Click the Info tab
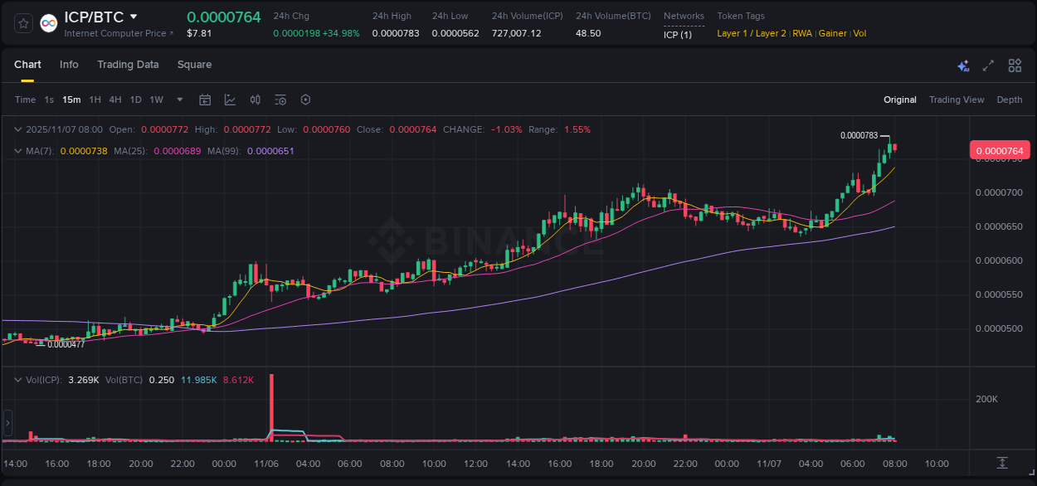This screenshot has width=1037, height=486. [69, 65]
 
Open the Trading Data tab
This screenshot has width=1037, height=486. [128, 65]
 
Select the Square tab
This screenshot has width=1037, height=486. [194, 65]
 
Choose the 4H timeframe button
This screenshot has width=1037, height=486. [115, 100]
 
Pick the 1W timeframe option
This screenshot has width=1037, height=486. [156, 100]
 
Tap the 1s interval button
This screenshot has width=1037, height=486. [49, 100]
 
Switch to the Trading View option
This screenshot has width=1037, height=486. [957, 100]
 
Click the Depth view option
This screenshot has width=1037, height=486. [1010, 100]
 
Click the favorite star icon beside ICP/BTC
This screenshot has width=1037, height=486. [24, 24]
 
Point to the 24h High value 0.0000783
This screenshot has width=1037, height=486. [396, 33]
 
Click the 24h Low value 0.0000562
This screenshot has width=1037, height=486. [455, 33]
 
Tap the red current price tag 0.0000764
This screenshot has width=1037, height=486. [1000, 150]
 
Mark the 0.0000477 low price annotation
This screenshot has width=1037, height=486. [66, 344]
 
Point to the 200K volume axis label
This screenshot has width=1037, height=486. [986, 399]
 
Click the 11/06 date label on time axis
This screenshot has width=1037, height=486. [265, 464]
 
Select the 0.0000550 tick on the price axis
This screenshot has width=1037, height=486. [999, 294]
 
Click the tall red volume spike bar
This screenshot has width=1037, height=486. [271, 406]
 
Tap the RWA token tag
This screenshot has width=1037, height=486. [802, 33]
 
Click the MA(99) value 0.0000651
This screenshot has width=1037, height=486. [270, 151]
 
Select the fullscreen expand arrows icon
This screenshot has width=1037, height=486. [988, 66]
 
